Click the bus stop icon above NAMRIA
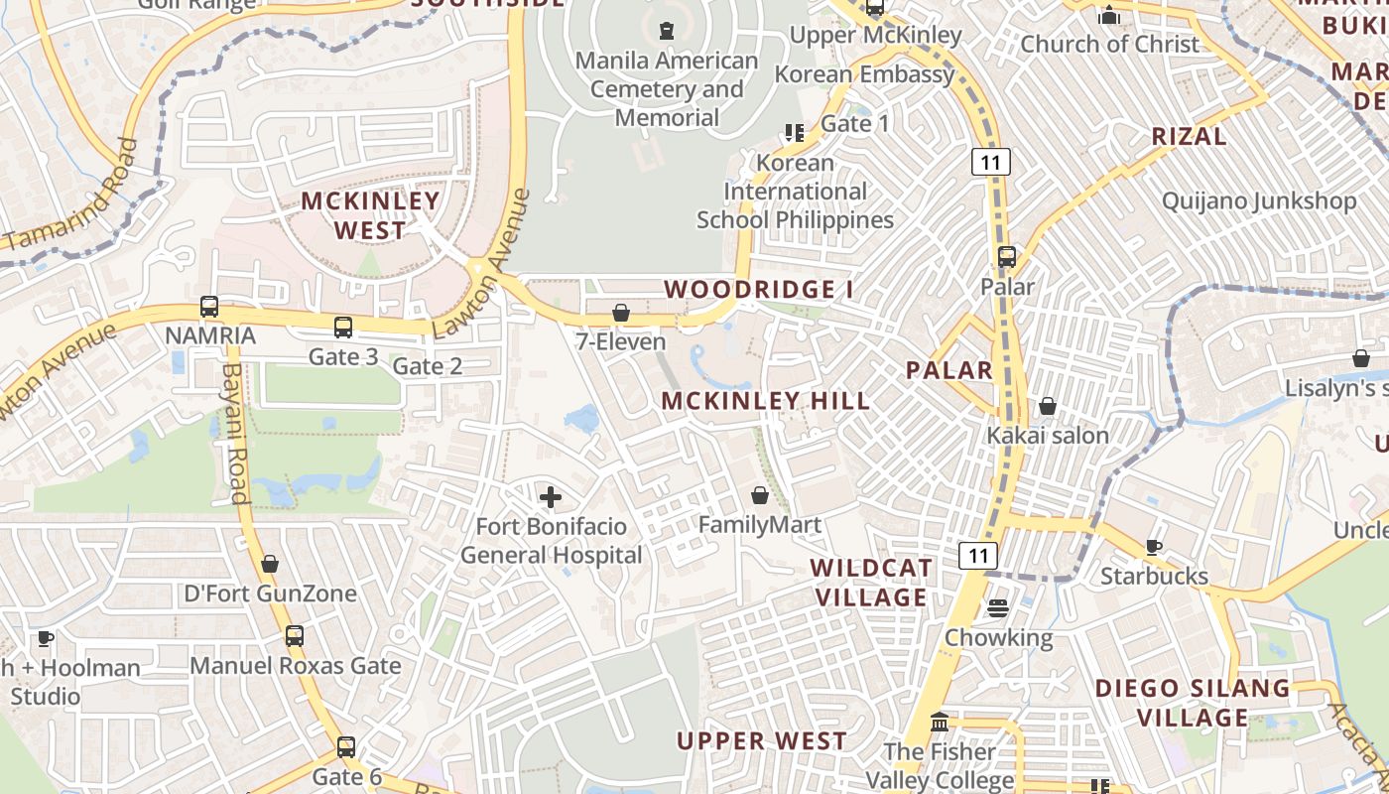[209, 307]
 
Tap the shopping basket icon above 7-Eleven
[621, 314]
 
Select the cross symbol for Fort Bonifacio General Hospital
[551, 497]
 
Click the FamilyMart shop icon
[760, 495]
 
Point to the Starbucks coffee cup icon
[1154, 547]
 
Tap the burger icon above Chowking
[998, 608]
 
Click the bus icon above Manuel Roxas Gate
[295, 636]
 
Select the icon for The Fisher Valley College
[939, 723]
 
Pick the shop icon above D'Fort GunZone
[270, 565]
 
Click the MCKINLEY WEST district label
[370, 215]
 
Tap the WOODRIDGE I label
[759, 290]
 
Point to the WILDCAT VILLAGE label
[871, 583]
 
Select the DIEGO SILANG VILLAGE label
[1193, 703]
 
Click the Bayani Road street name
[235, 434]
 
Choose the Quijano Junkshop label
[1259, 201]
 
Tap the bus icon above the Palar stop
[1007, 257]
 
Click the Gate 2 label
[428, 366]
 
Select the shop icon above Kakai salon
[1048, 406]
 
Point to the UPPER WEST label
[762, 741]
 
